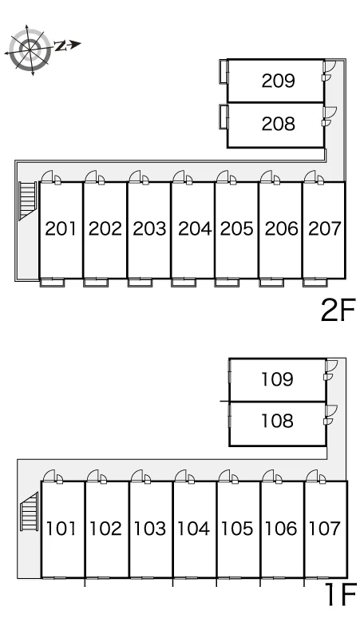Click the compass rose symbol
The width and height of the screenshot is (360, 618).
click(x=30, y=50)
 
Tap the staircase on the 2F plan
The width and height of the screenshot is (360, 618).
click(x=28, y=200)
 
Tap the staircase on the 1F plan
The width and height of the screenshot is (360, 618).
click(x=30, y=512)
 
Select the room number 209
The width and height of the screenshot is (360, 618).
click(x=278, y=81)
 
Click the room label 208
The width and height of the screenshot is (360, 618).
click(x=278, y=124)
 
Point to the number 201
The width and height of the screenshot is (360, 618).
click(x=61, y=228)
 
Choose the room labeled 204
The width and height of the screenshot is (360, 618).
click(x=195, y=228)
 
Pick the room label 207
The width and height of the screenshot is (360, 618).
click(x=324, y=228)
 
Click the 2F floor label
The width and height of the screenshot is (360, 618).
click(x=338, y=310)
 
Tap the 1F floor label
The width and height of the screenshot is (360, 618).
click(x=340, y=594)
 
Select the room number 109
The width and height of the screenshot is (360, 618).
click(x=277, y=379)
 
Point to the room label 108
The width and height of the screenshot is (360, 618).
click(x=277, y=421)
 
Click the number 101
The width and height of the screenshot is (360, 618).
click(x=61, y=529)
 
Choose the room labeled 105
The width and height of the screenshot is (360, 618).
click(x=237, y=529)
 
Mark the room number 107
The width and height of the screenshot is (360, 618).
click(x=324, y=529)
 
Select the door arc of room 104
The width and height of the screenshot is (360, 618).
click(x=180, y=475)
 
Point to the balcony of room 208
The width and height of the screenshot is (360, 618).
click(x=224, y=117)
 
